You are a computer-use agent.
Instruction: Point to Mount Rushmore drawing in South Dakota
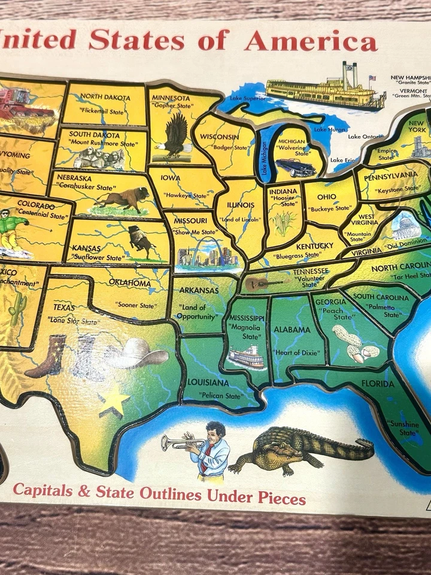tap(99, 158)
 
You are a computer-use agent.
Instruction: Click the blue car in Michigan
tap(295, 167)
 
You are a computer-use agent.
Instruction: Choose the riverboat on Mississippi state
tap(246, 357)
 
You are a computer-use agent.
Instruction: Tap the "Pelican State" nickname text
tap(221, 396)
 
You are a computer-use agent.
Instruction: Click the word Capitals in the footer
tap(43, 490)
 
